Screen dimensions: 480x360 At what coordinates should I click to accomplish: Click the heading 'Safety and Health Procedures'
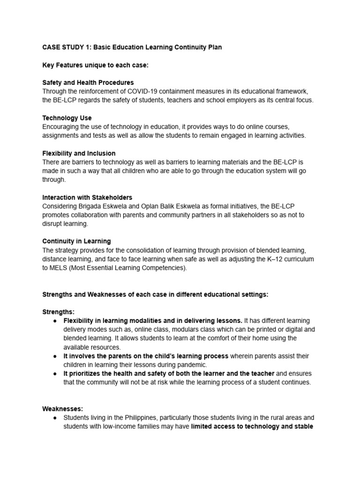coord(88,82)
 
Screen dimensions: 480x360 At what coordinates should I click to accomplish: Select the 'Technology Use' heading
coord(67,118)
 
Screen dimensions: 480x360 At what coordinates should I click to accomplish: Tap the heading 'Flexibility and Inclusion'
coord(79,153)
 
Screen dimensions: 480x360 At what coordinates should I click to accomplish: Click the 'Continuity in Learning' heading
coord(76,241)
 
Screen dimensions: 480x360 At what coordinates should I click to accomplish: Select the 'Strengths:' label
coord(58,312)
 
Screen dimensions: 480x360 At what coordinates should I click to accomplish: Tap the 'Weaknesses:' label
coord(62,409)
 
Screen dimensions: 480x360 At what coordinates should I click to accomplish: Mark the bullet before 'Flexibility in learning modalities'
coord(55,321)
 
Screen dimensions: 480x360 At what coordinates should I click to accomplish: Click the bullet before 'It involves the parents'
coord(55,356)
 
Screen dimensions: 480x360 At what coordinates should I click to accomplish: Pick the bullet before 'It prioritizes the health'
coord(55,374)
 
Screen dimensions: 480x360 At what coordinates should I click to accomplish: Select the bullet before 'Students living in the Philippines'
coord(55,418)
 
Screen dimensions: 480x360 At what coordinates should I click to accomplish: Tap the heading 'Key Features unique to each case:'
coord(95,65)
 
